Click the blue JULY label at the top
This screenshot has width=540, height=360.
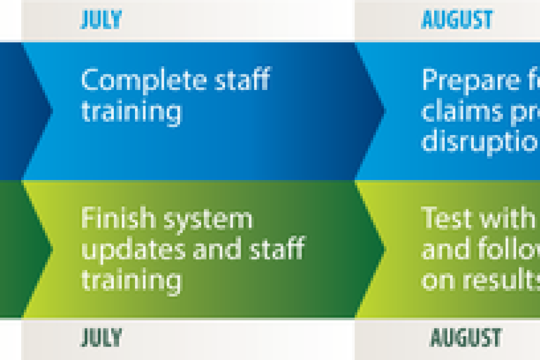(101, 20)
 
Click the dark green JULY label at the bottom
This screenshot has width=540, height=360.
(101, 337)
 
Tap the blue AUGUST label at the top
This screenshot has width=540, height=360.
(457, 20)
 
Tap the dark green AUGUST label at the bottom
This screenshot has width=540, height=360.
(466, 337)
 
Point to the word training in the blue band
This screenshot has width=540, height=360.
(131, 112)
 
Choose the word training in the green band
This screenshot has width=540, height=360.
(131, 280)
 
